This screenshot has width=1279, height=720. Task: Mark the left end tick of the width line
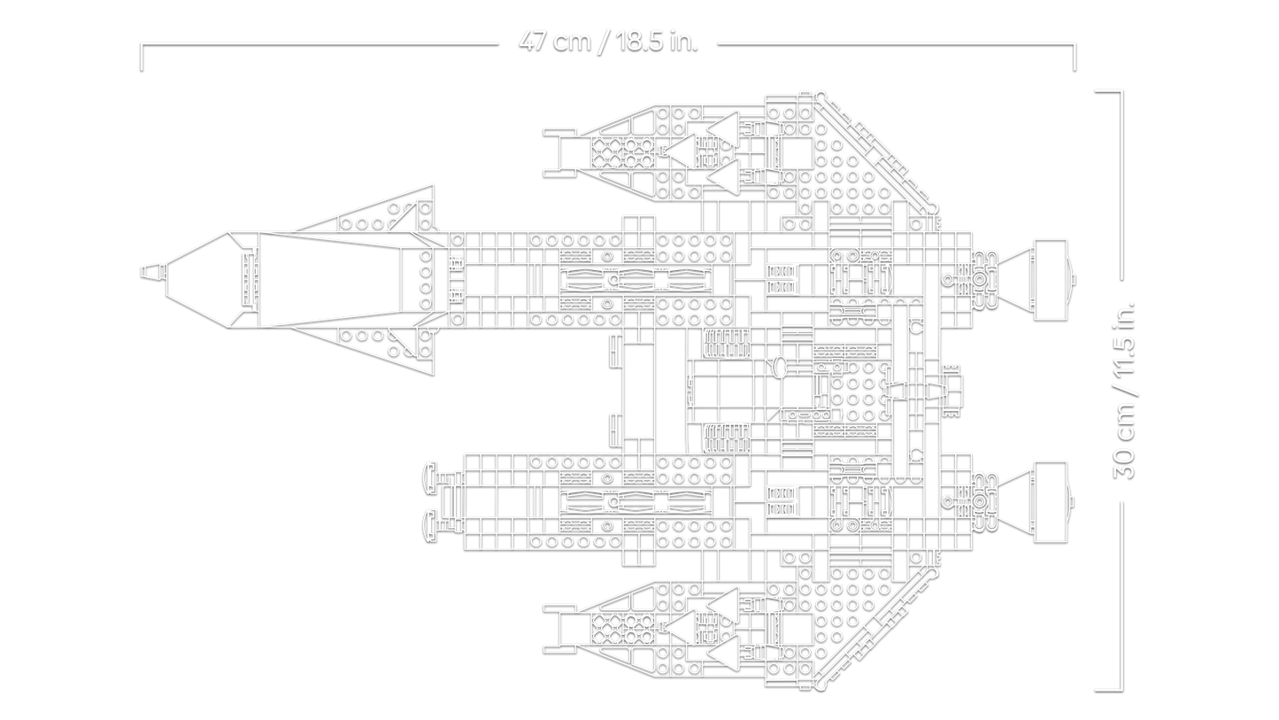pos(140,55)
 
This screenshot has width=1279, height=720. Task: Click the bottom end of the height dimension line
pos(1109,687)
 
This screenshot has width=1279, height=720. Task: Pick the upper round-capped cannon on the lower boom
pos(432,473)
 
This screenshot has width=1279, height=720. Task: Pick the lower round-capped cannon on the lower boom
pos(432,523)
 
